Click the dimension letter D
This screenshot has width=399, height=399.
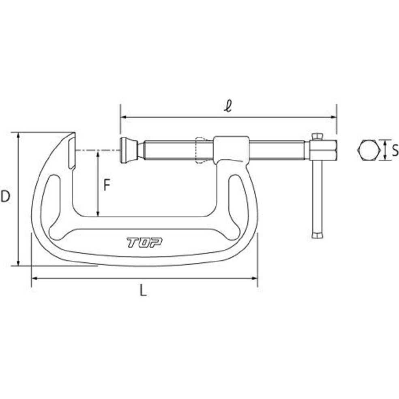(x=5, y=196)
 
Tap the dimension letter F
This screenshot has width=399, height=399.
(x=107, y=185)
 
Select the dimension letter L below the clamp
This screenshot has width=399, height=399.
(x=144, y=290)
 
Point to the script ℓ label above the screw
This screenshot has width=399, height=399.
(x=228, y=106)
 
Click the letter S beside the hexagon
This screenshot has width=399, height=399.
(x=395, y=150)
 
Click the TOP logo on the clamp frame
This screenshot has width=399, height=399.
(x=144, y=242)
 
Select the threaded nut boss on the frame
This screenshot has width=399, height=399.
(x=231, y=149)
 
